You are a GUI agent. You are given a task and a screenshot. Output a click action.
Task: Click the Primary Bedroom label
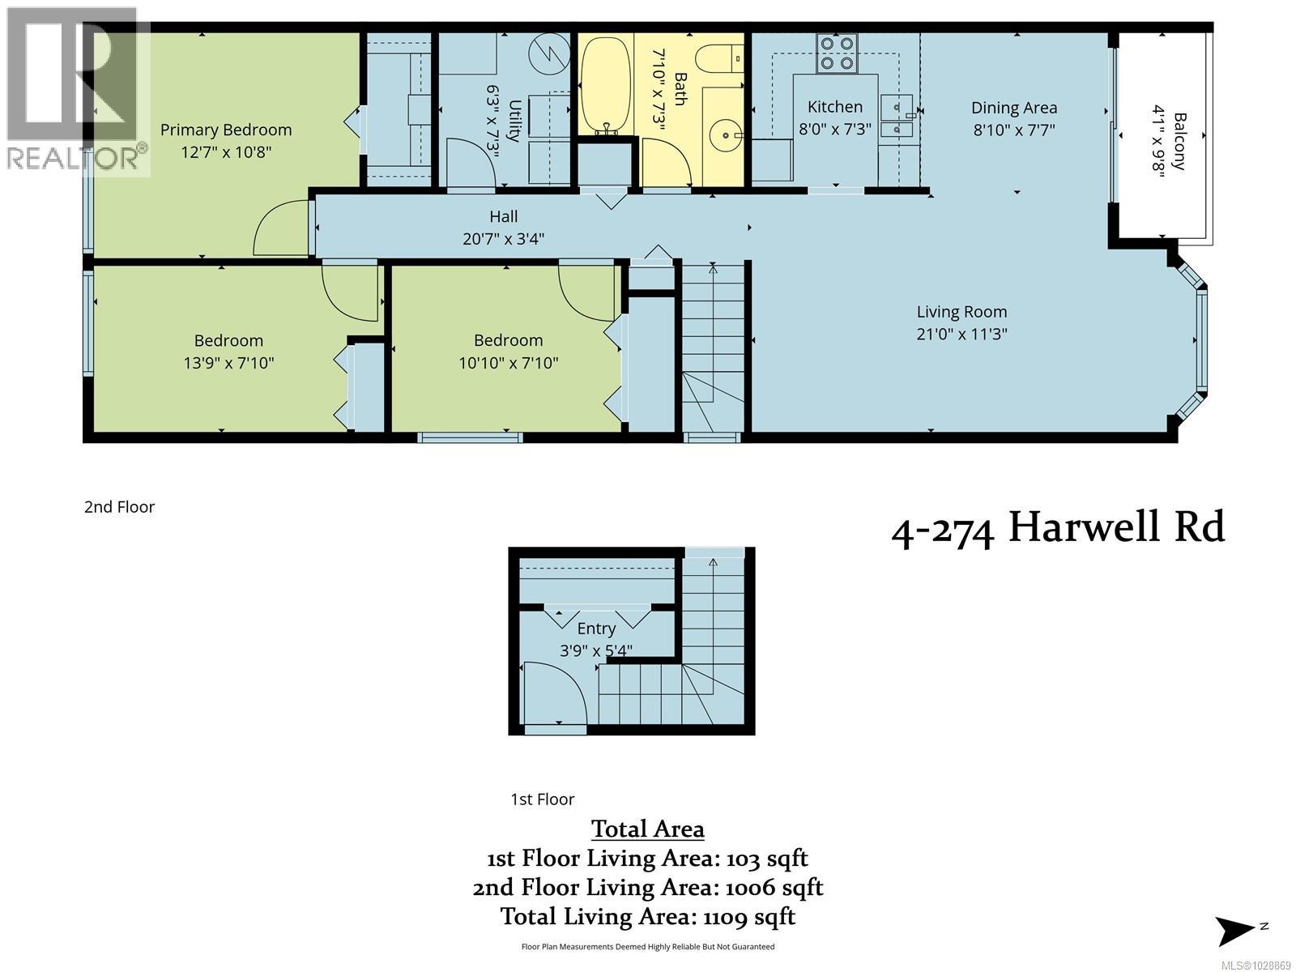pos(225,130)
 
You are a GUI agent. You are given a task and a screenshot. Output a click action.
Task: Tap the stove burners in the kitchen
pos(837,53)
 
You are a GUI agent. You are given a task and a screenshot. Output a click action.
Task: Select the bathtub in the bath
pos(605,85)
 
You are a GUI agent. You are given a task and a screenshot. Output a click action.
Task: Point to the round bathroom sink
pos(723,130)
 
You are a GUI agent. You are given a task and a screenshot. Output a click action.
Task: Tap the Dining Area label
pos(1013,108)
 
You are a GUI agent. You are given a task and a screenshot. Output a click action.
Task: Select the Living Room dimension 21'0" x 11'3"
pos(961,334)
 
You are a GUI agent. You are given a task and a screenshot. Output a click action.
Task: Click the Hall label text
pos(503,216)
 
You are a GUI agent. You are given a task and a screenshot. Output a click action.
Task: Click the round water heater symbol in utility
pos(550,54)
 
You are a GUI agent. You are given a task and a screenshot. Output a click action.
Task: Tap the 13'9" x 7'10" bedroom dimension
pos(228,363)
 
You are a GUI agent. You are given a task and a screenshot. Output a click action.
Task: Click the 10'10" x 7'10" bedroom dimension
pos(508,363)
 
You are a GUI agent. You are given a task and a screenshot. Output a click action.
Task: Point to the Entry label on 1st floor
pos(596,629)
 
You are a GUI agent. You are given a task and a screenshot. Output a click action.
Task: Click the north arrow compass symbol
pos(1237,930)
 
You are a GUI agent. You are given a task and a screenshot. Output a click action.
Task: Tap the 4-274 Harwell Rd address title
pos(1058,528)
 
